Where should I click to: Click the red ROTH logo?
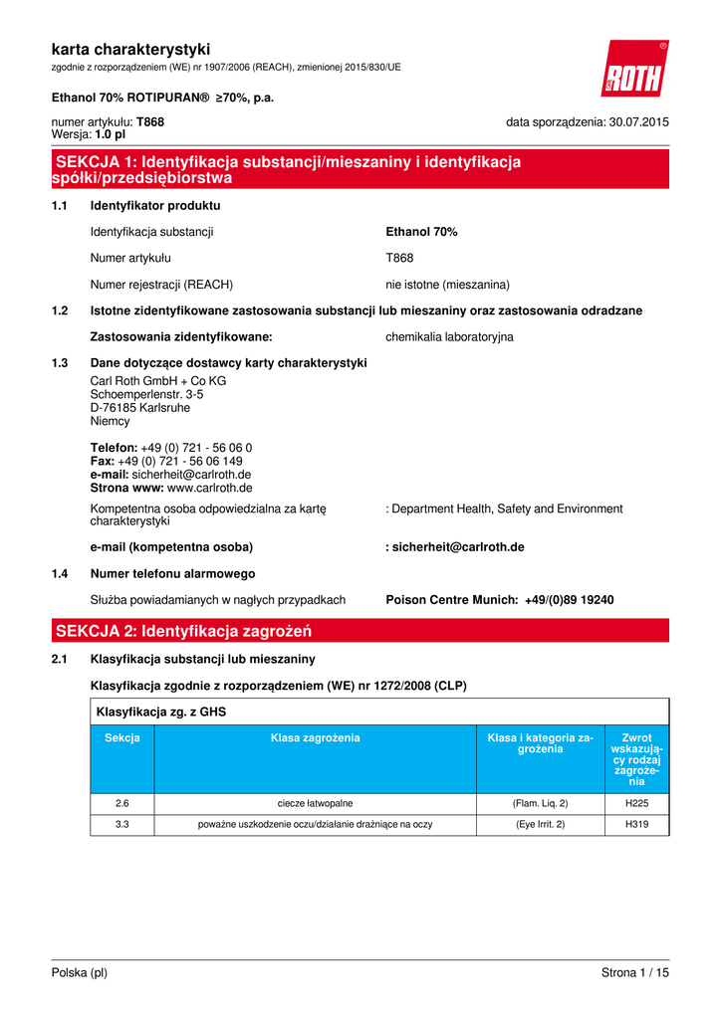pyautogui.click(x=633, y=71)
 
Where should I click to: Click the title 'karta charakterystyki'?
pyautogui.click(x=130, y=49)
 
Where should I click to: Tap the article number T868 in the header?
pyautogui.click(x=150, y=122)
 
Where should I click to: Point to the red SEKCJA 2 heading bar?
pyautogui.click(x=360, y=631)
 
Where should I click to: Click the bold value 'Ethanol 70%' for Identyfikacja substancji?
pyautogui.click(x=421, y=232)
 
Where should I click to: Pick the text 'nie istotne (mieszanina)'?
pyautogui.click(x=447, y=285)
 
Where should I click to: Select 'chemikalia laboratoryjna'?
pyautogui.click(x=449, y=337)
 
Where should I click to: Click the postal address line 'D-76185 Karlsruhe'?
pyautogui.click(x=139, y=408)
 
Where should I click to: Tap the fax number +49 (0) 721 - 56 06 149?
pyautogui.click(x=179, y=462)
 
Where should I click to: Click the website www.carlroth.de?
pyautogui.click(x=209, y=489)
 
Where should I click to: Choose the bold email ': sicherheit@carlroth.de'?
pyautogui.click(x=455, y=547)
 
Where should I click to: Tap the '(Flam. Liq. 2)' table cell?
pyautogui.click(x=541, y=803)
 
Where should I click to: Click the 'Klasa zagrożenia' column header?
pyautogui.click(x=315, y=738)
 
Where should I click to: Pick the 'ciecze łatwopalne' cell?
pyautogui.click(x=315, y=803)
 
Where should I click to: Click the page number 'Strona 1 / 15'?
pyautogui.click(x=634, y=973)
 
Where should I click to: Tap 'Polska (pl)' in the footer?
pyautogui.click(x=80, y=973)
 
